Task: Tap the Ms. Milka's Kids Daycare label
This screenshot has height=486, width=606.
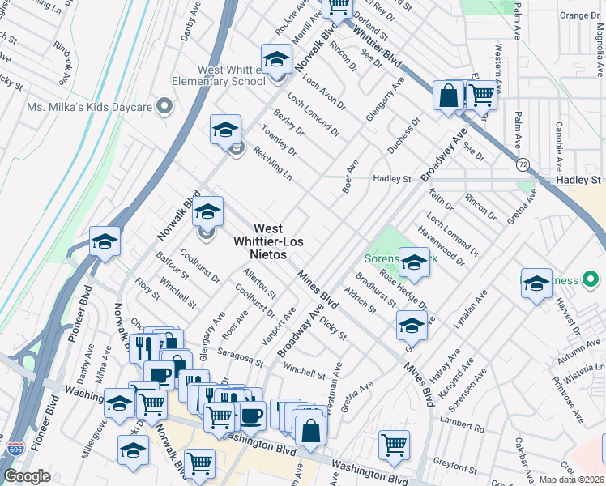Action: pos(89,107)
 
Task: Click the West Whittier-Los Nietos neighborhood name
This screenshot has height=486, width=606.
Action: pos(260,241)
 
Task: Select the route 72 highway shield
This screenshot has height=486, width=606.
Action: pos(524,164)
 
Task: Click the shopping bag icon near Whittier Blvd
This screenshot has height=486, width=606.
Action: pos(447,96)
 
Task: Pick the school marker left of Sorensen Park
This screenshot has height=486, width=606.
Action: pos(414,262)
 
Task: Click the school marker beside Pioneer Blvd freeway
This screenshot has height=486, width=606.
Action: pos(105,241)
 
